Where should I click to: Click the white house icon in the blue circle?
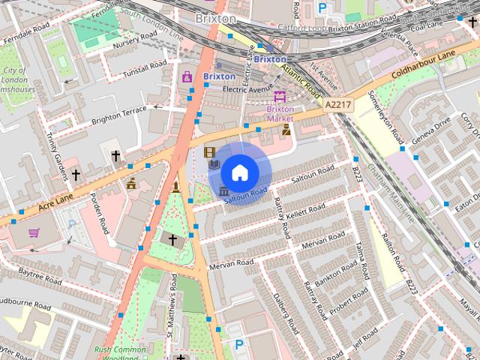pos(239,172)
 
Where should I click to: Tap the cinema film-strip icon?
pos(210,152)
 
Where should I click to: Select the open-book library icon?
pos(214,163)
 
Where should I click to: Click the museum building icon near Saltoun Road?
pos(224,193)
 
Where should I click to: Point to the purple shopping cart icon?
pos(34,232)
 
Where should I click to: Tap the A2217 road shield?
pos(337,108)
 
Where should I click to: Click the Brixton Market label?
pos(280,113)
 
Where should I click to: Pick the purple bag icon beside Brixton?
pos(187,76)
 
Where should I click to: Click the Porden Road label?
pos(100,214)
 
